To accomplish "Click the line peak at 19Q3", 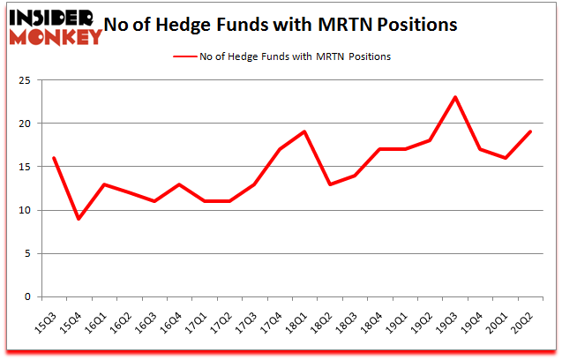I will (454, 97).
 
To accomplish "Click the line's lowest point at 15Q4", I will (79, 219).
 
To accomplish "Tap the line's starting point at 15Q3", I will (55, 158).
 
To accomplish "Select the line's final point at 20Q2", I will (529, 131).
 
